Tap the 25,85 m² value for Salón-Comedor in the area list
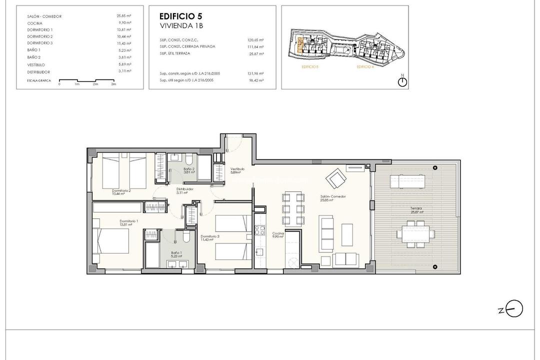[123, 16]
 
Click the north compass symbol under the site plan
[402, 82]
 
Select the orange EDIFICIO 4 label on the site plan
[365, 66]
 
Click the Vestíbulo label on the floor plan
[237, 170]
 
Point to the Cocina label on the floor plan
[278, 234]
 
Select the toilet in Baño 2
[188, 159]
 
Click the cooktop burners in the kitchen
[260, 230]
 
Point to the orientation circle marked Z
[513, 308]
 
